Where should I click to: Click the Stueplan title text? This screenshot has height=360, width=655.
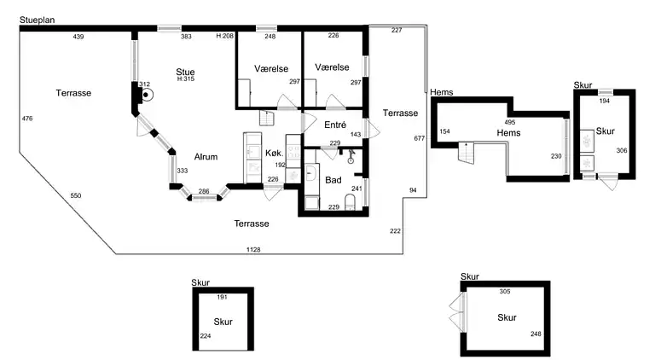coord(38,20)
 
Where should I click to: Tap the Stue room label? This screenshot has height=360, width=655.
coord(185,72)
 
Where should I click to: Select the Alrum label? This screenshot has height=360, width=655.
coord(206,157)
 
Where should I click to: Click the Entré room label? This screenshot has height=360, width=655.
coord(335,125)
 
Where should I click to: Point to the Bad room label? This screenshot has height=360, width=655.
coord(333,180)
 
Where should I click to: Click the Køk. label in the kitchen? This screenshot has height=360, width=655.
coord(275,153)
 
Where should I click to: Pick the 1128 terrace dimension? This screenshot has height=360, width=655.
coord(253,250)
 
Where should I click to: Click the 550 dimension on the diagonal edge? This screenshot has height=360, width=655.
coord(76,195)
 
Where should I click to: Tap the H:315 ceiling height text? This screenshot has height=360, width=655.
coord(186,79)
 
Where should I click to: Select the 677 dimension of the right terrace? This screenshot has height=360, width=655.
coord(419,138)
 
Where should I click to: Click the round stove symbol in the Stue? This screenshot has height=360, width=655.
coord(146,95)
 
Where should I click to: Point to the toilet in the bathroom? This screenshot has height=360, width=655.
coord(350,201)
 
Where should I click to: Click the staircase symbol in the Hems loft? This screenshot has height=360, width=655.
coord(467,153)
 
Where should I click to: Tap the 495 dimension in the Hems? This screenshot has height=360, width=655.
coord(510,122)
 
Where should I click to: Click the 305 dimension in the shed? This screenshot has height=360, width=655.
coord(505,292)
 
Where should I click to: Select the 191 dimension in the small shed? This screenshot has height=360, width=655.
coord(222,298)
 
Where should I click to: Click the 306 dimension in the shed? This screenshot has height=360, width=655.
coord(622,150)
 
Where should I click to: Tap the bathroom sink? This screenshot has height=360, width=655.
coord(310,172)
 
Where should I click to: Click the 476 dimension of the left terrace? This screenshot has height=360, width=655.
coord(27,119)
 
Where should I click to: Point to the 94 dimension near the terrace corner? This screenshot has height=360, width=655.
coord(413,190)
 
